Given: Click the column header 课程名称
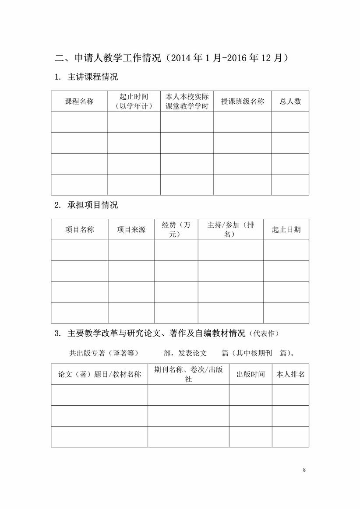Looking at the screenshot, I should (79, 102).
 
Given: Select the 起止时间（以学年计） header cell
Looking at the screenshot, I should (134, 102).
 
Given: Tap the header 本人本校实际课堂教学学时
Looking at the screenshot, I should (187, 102).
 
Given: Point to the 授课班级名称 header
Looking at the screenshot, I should (243, 102).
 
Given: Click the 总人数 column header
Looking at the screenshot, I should (290, 102).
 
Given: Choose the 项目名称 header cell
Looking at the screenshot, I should (80, 230).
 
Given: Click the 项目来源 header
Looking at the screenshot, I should (131, 230).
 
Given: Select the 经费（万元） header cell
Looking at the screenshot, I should (176, 230).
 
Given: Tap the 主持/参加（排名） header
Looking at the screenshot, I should (230, 230).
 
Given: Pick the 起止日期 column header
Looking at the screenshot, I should (286, 230).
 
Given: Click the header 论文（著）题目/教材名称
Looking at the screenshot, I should (99, 375).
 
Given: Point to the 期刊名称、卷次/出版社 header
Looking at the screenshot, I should (188, 375).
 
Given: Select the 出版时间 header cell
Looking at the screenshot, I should (251, 375).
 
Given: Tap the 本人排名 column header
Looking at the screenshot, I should (290, 375).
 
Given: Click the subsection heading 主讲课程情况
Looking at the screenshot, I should (92, 77).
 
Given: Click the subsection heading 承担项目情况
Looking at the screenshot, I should (92, 205).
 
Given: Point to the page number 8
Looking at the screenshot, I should (304, 470).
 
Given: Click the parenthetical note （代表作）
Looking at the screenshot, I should (263, 333).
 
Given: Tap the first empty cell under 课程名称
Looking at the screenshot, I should (79, 122).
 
